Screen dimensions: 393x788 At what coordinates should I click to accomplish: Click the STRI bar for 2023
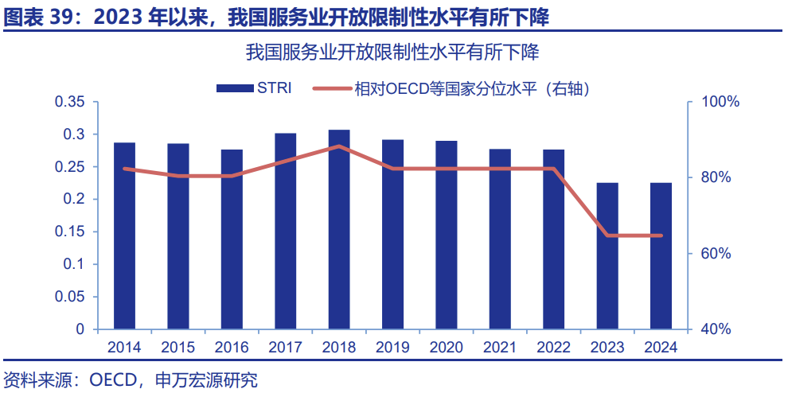coord(607,255)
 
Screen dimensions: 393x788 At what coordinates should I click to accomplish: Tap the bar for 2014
coord(124,235)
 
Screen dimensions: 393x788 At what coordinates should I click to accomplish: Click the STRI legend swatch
coord(233,88)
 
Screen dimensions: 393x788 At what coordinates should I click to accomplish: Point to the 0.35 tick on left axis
coord(69,103)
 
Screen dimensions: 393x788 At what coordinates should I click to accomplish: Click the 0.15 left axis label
coord(69,232)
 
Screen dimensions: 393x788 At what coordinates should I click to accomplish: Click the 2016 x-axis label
coord(232,348)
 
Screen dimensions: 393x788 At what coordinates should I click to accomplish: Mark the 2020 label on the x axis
coord(447,348)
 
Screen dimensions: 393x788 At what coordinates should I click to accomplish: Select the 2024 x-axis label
coord(661,348)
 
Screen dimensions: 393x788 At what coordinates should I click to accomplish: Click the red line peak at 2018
coord(339,146)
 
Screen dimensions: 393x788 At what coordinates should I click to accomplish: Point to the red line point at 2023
coord(607,235)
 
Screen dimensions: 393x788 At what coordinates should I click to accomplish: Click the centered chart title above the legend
coord(393,54)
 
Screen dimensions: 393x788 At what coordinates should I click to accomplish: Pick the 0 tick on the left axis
coord(80,329)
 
